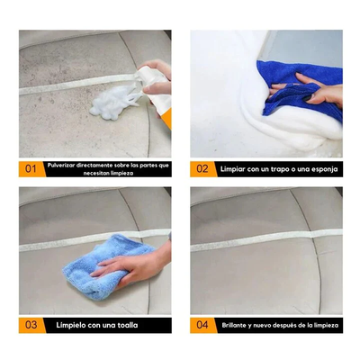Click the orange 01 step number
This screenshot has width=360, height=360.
coord(31,168)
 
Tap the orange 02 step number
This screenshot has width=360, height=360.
coord(202,168)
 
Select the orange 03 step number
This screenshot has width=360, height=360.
coord(31,324)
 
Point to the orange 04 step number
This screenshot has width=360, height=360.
coord(202,324)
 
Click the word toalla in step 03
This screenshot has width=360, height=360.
coord(124,324)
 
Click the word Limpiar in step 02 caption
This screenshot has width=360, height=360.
coord(237,168)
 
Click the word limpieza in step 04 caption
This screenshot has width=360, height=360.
coord(321,324)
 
